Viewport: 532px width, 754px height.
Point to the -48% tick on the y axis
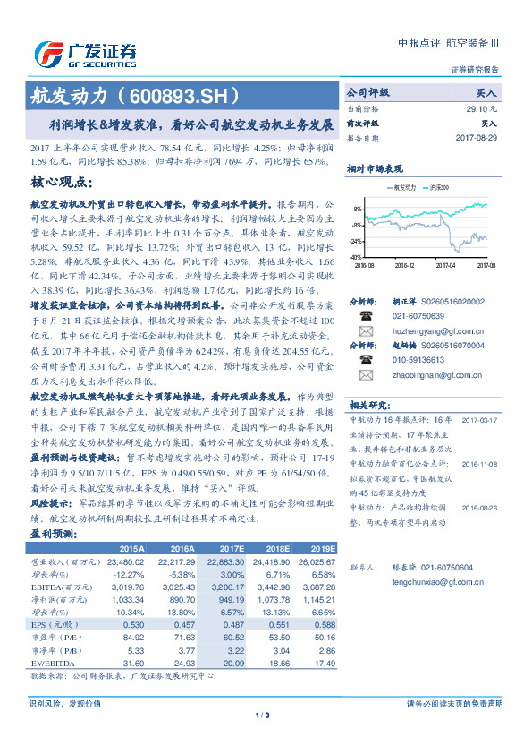(357, 257)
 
